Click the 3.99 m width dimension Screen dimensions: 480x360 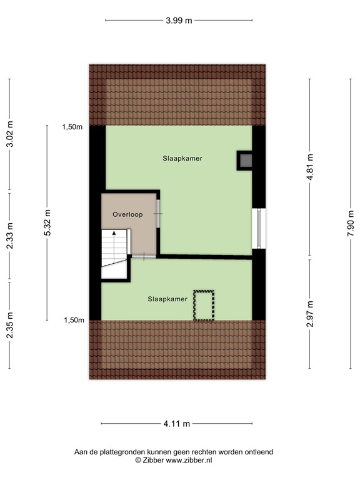tap(179, 21)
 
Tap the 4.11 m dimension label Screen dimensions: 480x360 tap(177, 424)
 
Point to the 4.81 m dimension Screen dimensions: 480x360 tap(309, 167)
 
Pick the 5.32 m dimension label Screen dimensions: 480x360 tap(47, 222)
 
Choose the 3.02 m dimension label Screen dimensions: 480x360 tap(9, 134)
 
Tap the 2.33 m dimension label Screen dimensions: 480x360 tap(9, 237)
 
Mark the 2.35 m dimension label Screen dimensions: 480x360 tap(9, 325)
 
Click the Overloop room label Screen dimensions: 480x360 tap(127, 214)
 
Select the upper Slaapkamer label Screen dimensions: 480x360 tap(182, 158)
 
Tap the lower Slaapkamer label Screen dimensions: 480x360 tap(167, 299)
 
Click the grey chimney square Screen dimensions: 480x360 tap(245, 161)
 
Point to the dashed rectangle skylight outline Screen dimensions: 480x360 tap(203, 305)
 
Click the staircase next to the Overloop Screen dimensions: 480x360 tap(115, 250)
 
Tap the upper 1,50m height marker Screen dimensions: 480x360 tap(72, 127)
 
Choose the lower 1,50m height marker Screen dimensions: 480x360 tap(72, 320)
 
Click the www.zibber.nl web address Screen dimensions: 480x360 tap(189, 460)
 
